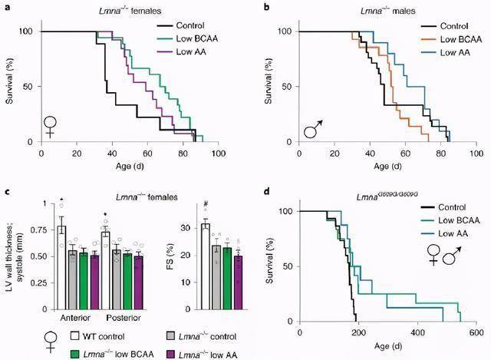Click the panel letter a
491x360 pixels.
coord(6,7)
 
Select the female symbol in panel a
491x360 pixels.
coord(50,125)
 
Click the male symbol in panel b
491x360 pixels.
coord(311,128)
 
